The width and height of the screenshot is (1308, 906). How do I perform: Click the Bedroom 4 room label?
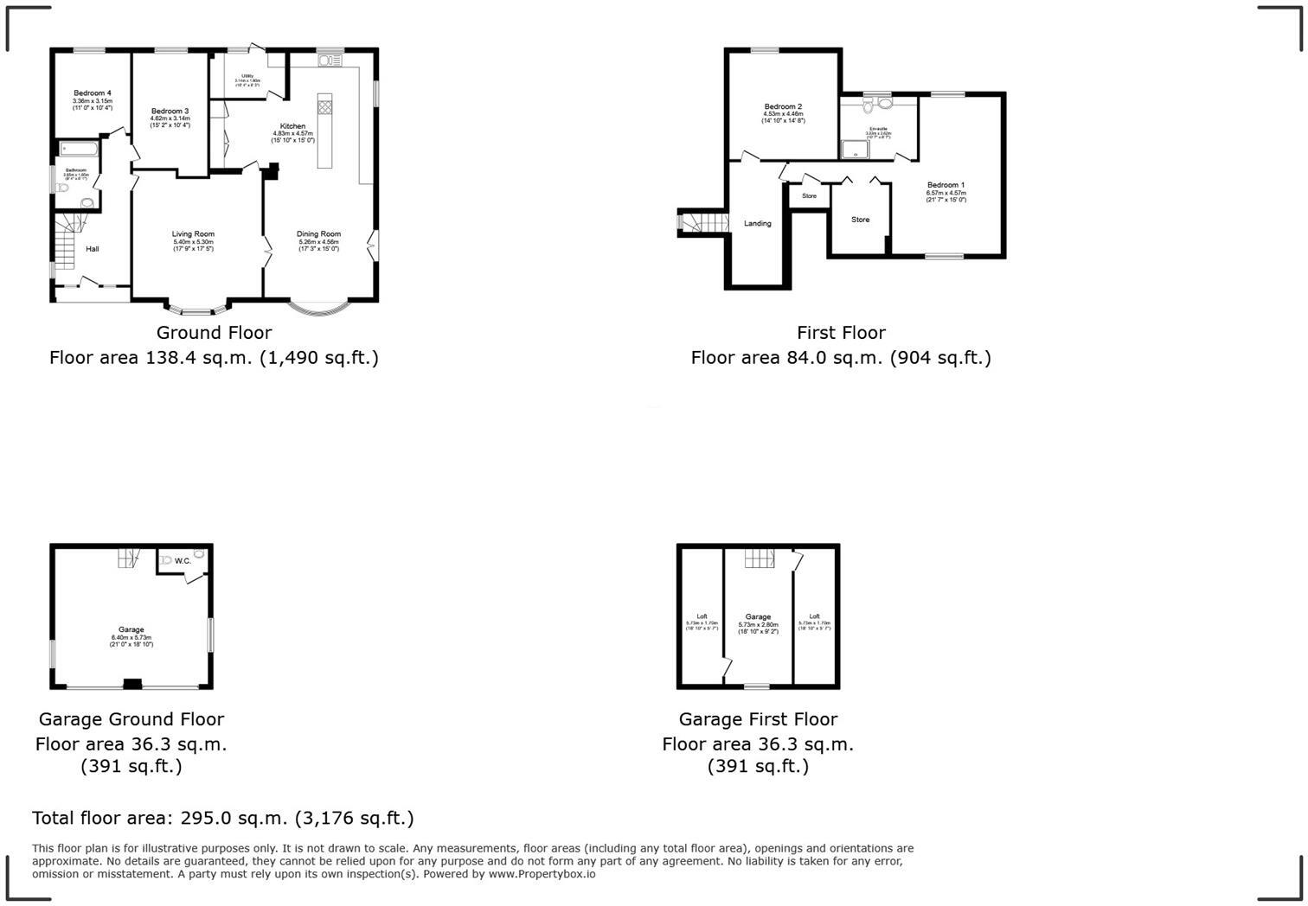[92, 93]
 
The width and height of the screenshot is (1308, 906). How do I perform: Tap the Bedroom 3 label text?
[170, 112]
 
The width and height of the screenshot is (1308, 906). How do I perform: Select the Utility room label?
[247, 76]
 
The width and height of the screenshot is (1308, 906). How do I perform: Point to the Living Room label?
[193, 234]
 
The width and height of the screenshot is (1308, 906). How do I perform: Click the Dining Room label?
[318, 234]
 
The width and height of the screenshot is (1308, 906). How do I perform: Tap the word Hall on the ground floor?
[92, 250]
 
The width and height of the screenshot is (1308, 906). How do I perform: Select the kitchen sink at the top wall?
[330, 61]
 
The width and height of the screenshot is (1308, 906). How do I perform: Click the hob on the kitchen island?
[324, 107]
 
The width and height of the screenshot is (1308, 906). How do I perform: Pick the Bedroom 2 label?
[783, 107]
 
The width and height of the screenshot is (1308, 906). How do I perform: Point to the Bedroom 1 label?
[946, 185]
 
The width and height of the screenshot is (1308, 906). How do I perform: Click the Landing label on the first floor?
[757, 224]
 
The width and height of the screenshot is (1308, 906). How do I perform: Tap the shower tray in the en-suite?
[856, 150]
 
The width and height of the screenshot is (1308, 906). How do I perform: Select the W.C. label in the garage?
[183, 561]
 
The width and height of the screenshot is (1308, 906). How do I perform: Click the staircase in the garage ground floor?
[129, 558]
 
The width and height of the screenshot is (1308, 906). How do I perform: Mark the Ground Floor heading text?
[214, 333]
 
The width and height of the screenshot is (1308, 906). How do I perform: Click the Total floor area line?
[223, 818]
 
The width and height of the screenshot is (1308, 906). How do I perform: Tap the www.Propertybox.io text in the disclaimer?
[542, 874]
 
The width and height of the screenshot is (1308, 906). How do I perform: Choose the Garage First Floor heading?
[758, 719]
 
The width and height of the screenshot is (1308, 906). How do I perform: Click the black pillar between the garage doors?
[131, 684]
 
